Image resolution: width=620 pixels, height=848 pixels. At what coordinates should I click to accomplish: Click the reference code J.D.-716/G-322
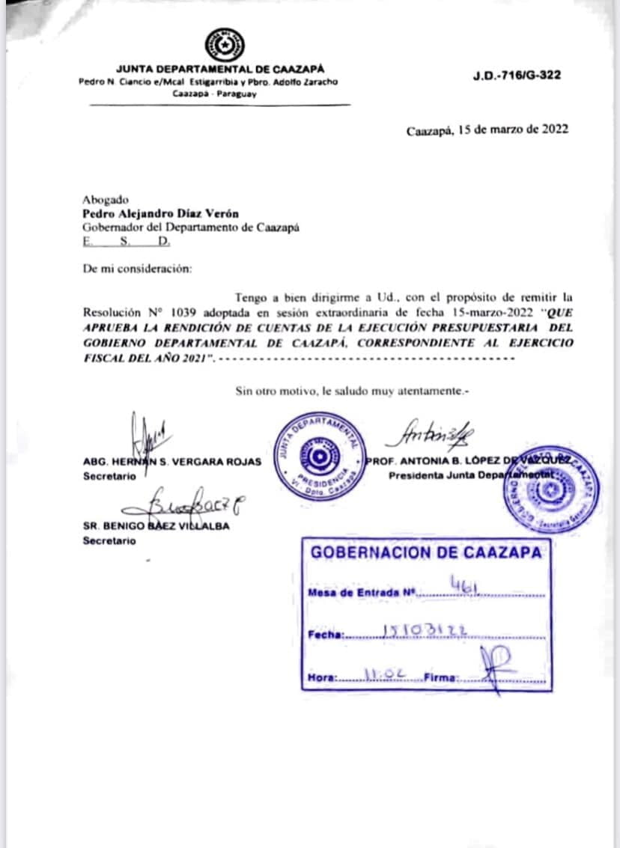(517, 76)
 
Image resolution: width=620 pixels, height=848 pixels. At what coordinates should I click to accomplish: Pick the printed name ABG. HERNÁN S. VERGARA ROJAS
(172, 462)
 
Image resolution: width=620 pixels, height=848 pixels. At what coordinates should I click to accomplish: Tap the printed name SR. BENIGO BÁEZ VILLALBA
(156, 525)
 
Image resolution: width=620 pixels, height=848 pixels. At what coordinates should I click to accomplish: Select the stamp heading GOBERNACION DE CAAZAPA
(425, 553)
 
